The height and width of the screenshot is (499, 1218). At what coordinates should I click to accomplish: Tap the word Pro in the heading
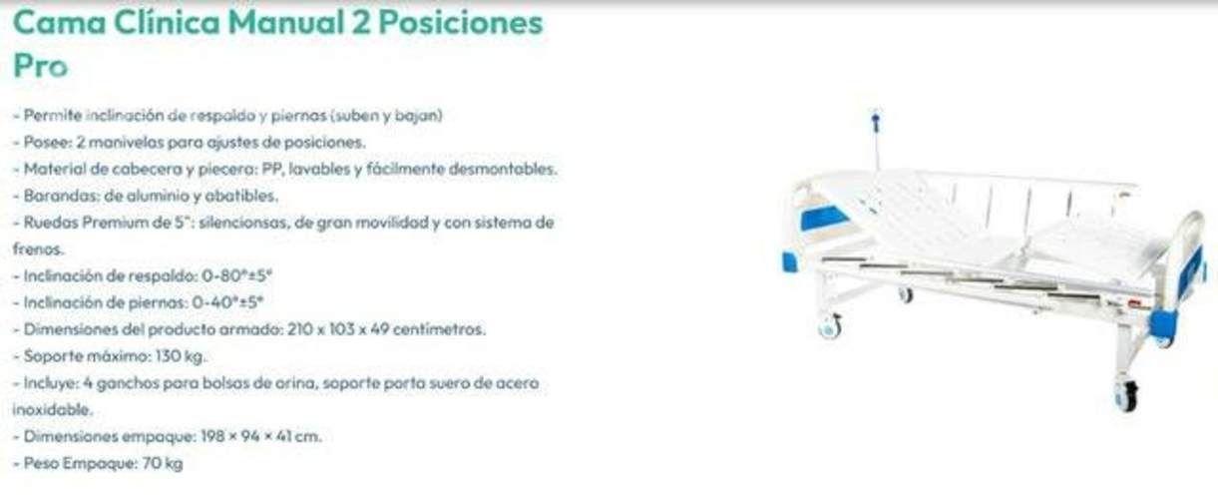point(40,66)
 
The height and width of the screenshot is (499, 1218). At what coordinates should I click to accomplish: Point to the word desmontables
point(509,169)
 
